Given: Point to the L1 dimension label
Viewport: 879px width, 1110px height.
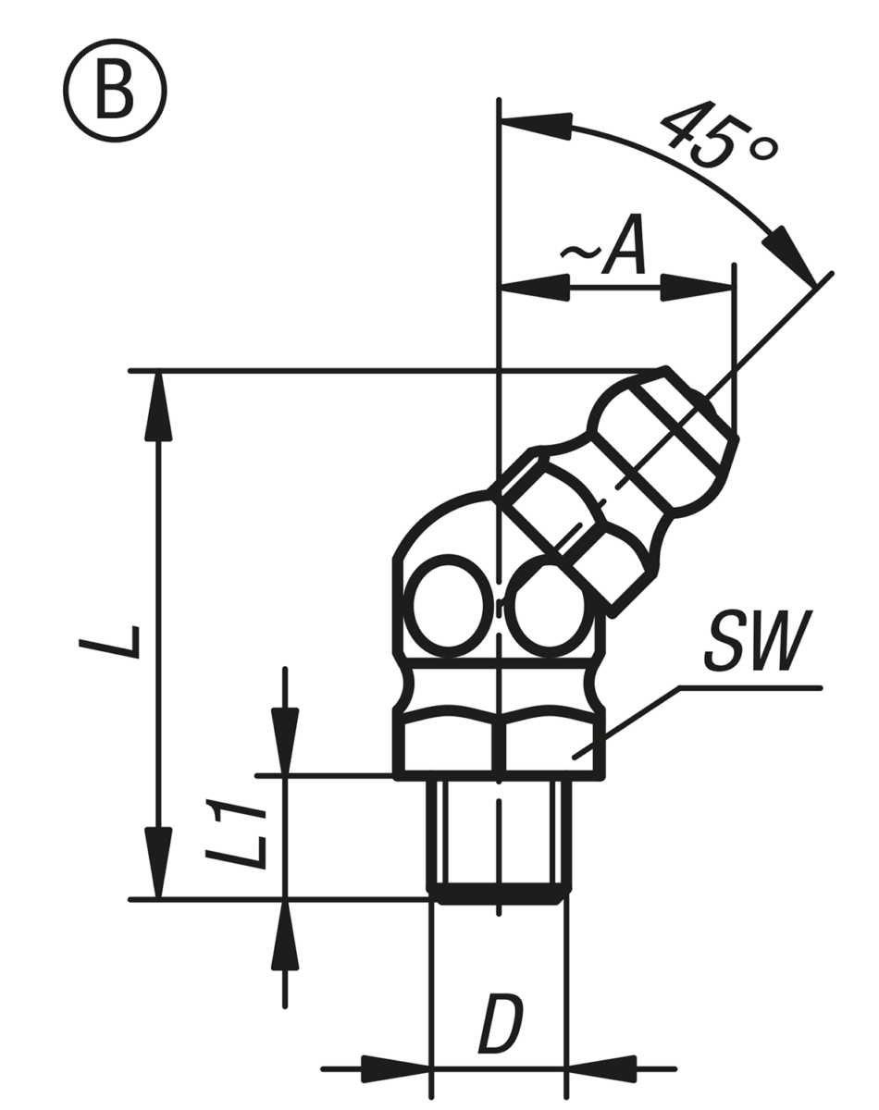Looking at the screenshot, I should pos(232,836).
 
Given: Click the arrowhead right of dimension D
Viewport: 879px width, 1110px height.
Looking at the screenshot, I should pos(601,1068).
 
